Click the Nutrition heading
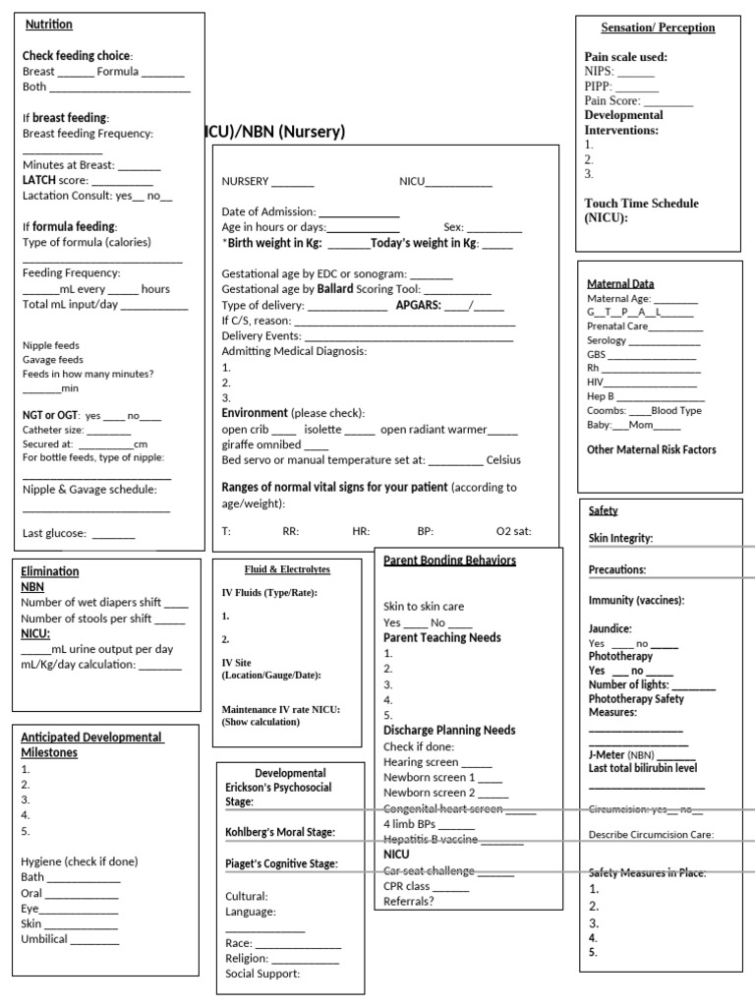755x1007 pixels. point(49,25)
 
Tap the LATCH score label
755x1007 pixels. point(55,180)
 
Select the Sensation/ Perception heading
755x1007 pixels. point(658,28)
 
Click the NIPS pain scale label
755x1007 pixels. point(600,72)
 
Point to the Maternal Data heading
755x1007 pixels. point(620,283)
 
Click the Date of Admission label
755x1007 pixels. point(268,211)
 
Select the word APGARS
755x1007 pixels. point(418,305)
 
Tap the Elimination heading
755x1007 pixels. point(50,571)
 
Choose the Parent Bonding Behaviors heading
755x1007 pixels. point(449,561)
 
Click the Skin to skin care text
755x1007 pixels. point(424,607)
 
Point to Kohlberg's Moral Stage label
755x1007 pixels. point(280,832)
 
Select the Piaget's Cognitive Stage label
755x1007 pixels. point(282,863)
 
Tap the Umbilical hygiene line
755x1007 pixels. point(45,939)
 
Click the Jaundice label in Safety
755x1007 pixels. point(610,628)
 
